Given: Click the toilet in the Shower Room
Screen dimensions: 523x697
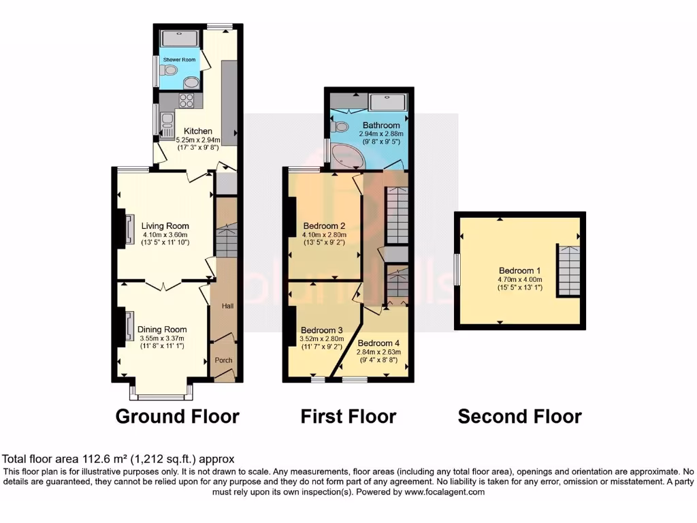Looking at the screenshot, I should (169, 70).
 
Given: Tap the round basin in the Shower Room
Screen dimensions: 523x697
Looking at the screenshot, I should (193, 83).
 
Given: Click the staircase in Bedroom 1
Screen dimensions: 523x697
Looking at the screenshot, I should (568, 270).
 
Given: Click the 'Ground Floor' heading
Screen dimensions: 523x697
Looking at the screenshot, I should (177, 416).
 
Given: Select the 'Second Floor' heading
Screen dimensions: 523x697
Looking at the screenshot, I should (519, 416).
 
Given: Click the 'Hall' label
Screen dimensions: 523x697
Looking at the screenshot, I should (227, 306).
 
